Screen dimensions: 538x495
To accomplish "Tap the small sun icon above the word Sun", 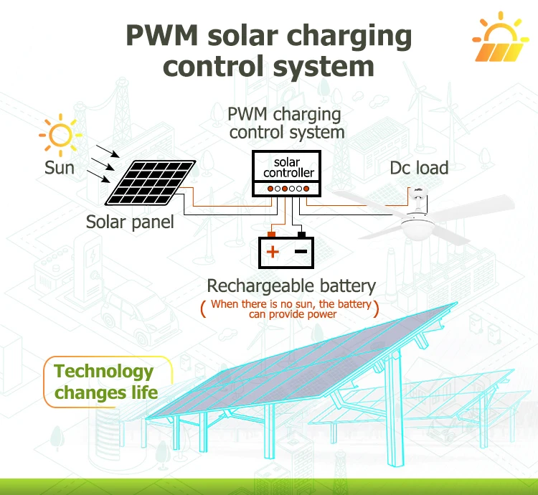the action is point(61,135).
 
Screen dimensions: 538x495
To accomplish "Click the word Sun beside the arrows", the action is point(60,168).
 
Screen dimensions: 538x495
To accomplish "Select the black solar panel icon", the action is point(151,182).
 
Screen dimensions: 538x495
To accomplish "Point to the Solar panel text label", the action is point(130,222).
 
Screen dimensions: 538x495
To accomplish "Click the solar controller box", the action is point(286,173).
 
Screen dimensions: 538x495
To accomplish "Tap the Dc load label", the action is point(419,168).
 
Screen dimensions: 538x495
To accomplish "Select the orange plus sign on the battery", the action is point(273,252).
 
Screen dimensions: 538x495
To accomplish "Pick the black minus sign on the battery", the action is point(301,252).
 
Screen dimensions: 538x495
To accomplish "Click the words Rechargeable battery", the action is point(291,286).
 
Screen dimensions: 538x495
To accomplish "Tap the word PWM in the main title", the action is point(161,35).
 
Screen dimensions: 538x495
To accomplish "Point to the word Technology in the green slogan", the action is point(103,372).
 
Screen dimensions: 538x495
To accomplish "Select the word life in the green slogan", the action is point(144,392).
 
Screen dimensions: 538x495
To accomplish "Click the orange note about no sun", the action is point(291,308).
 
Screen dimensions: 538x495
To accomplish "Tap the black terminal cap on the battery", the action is point(301,235).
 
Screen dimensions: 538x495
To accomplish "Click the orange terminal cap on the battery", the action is point(271,235).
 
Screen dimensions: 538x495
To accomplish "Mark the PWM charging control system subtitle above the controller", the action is point(285,123).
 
